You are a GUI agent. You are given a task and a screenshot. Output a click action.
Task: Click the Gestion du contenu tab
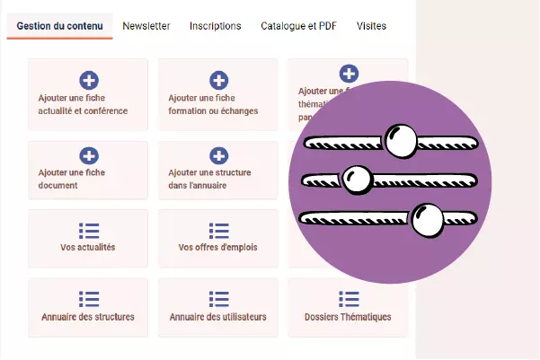tap(59, 26)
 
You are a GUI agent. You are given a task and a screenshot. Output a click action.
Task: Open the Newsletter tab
tap(146, 26)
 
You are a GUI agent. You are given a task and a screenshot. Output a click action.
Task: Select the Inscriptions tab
tap(215, 26)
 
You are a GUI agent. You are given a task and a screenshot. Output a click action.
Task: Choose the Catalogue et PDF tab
tap(298, 26)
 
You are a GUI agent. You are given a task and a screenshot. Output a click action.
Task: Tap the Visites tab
tap(371, 26)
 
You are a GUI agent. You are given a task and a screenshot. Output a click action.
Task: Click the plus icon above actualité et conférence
tap(89, 80)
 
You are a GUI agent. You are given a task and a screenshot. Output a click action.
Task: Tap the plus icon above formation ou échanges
tap(218, 80)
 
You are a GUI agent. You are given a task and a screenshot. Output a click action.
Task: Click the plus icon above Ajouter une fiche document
tap(89, 155)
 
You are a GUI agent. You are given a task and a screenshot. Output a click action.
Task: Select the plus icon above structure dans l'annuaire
tap(218, 155)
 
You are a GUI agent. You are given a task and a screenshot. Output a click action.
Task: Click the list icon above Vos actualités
tap(89, 231)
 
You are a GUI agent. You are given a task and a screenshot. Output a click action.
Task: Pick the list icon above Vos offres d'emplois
tap(218, 231)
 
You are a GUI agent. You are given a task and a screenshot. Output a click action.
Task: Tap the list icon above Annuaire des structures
tap(89, 298)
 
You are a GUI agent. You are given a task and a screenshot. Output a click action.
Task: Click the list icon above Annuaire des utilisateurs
tap(218, 298)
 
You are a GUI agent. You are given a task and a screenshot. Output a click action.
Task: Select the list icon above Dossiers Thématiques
tap(349, 298)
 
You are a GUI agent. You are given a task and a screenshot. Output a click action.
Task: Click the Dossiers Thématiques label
tap(349, 317)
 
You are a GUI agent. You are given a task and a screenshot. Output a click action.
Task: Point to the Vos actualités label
tap(88, 247)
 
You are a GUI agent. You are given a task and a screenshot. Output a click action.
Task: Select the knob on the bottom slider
tap(428, 217)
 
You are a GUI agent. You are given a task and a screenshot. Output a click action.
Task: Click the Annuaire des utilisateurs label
tap(218, 317)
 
